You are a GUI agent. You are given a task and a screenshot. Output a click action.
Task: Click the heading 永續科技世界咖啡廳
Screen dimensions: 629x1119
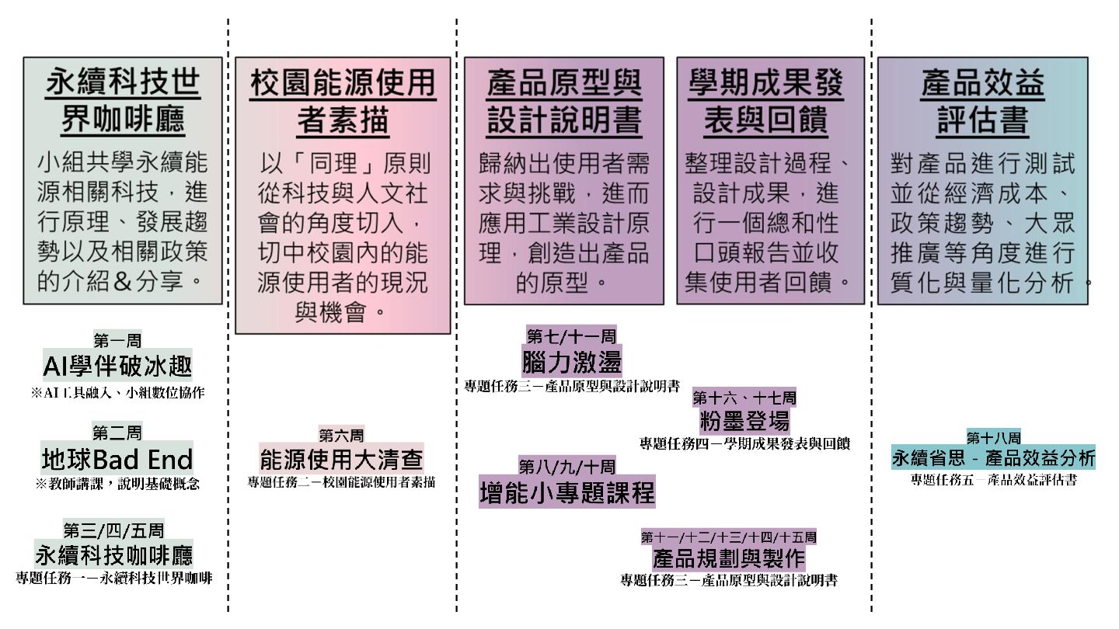coord(123,101)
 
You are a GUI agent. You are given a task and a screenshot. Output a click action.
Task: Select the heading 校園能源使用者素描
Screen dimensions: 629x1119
coord(343,102)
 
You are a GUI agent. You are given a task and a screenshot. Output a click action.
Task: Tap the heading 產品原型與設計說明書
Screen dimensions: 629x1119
coord(564,102)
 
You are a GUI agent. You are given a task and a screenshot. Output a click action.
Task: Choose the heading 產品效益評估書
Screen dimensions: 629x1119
coord(982,102)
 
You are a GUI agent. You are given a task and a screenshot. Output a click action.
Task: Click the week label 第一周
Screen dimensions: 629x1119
coord(117,339)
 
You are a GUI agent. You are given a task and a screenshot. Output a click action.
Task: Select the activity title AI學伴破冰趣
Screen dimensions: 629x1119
coord(117,366)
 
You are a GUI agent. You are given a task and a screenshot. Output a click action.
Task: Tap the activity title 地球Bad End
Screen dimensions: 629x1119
coord(117,459)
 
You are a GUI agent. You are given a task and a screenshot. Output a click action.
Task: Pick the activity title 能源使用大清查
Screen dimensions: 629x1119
coord(341,459)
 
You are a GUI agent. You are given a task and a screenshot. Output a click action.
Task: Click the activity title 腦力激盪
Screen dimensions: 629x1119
coord(571,362)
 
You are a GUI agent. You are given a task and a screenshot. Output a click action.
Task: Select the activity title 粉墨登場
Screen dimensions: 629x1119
coord(744,421)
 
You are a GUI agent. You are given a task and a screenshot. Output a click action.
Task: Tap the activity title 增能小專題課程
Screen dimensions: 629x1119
coord(567,493)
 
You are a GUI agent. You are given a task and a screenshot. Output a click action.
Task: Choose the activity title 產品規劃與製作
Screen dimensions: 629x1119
coord(728,558)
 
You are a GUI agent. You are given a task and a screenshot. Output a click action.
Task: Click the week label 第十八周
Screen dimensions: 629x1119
coord(993,436)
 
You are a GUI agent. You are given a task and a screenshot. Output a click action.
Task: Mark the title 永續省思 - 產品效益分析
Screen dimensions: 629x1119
coord(993,457)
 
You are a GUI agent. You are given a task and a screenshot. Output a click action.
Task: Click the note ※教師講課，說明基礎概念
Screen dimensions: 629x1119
coord(117,484)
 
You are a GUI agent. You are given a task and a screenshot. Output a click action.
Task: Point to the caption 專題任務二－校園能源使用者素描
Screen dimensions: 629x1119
coord(341,482)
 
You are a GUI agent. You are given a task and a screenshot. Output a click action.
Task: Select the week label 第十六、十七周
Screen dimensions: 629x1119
coord(744,398)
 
